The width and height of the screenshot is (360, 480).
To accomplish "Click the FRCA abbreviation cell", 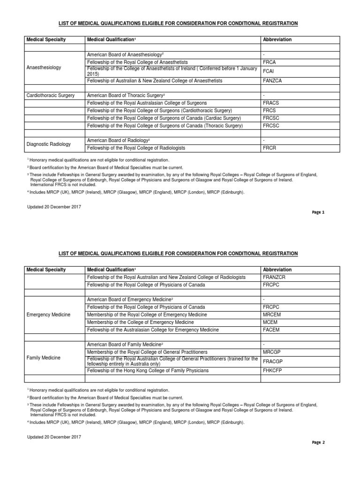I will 270,62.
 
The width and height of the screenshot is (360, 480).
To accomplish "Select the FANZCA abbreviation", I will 273,81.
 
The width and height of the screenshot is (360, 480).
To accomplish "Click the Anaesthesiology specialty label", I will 44,67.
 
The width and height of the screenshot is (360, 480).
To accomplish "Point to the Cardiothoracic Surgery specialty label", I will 51,95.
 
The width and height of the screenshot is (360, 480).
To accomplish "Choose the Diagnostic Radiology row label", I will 48,144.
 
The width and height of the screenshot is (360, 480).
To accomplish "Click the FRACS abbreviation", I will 271,103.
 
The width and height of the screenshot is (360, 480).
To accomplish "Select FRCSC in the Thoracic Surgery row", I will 271,126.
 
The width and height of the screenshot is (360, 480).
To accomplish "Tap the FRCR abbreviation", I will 270,148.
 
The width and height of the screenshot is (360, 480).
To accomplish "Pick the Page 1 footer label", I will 318,212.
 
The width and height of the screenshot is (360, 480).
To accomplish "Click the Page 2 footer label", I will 318,442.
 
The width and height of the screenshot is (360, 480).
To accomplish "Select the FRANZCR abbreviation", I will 274,277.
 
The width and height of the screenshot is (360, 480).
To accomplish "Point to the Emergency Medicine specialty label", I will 48,315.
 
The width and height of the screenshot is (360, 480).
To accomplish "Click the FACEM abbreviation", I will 271,330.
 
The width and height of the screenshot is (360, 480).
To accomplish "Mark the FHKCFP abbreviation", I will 273,371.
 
